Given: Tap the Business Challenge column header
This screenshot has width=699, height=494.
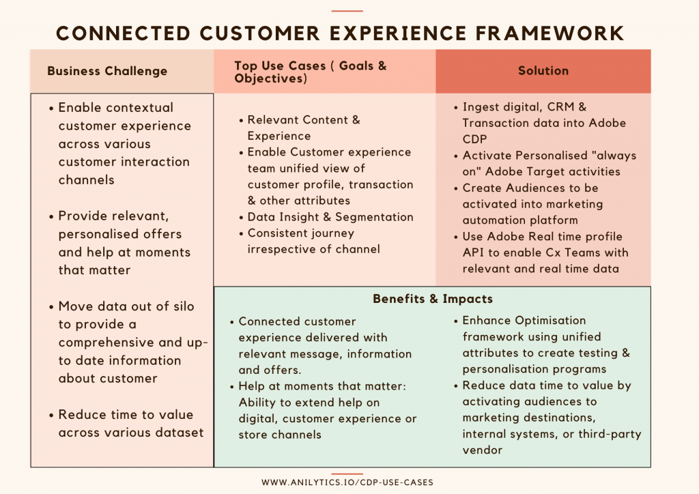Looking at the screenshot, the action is (107, 71).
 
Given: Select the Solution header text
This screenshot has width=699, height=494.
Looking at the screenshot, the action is (543, 71).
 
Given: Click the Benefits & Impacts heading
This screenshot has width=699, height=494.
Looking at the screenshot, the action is (433, 299).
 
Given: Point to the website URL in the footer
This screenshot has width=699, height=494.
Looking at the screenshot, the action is (347, 482).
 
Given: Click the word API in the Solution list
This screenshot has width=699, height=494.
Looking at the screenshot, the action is (474, 252).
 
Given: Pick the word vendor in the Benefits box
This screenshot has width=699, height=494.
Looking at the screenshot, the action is (483, 450).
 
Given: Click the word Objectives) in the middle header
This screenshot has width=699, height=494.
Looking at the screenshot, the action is (270, 79).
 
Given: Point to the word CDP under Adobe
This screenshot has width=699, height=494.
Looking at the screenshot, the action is (474, 139).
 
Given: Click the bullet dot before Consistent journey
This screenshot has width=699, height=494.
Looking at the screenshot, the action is (241, 233).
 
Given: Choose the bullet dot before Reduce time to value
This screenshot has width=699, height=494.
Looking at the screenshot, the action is (51, 415).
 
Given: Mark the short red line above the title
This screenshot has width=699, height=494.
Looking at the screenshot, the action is (347, 11).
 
